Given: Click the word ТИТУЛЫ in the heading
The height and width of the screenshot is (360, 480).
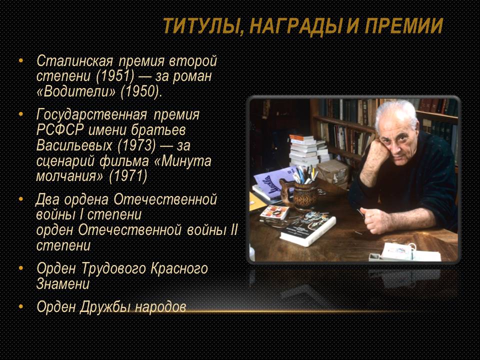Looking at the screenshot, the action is tap(200, 25).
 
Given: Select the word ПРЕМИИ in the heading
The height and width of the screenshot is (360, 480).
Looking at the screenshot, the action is tap(404, 25).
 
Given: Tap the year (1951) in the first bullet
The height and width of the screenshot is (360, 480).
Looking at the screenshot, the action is tap(115, 76).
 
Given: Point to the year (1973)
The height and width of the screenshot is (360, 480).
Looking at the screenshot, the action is tap(136, 145).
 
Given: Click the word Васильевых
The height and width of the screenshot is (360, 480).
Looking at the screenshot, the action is tap(74, 145).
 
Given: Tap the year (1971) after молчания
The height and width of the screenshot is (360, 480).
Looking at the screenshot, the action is tap(128, 176).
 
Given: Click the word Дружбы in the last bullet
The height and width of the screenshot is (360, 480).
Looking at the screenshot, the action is tap(105, 306).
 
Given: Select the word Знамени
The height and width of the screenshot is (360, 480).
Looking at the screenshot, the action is tap(63, 284).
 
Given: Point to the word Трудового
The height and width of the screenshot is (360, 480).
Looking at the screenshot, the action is tap(113, 268).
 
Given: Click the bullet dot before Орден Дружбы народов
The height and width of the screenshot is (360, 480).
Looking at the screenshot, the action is tap(21, 306).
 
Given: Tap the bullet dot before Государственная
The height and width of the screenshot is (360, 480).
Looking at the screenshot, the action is tap(21, 114).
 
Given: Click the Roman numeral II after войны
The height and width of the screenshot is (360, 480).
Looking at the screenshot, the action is tap(233, 230).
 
